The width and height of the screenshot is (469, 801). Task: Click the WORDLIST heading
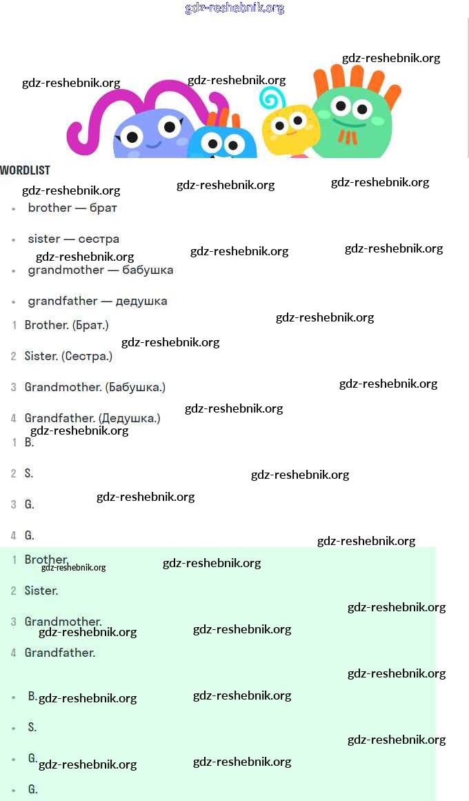pos(26,170)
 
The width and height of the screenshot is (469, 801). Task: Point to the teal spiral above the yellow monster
pos(272,98)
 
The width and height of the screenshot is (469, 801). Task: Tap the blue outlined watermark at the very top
pos(234,8)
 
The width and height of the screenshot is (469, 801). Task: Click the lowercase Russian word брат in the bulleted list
pos(103,208)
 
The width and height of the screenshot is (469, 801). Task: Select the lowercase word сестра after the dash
pos(99,239)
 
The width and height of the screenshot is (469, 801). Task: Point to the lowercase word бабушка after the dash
pos(148,270)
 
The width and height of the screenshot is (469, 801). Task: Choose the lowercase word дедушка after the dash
pos(141,301)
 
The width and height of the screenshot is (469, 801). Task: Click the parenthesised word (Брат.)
pos(90,325)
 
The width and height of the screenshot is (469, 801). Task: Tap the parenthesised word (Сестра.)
pos(87,356)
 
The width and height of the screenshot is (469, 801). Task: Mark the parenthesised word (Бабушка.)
pos(135,387)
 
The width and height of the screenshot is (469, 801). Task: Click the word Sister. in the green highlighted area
pos(41,591)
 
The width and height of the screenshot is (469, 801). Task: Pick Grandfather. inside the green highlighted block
pos(60,653)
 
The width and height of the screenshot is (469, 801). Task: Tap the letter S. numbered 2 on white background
pos(29,473)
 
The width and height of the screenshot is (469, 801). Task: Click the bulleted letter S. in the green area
pos(32,727)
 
